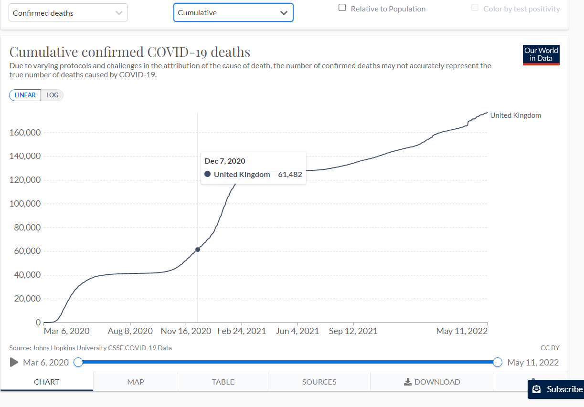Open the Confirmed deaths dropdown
tap(68, 13)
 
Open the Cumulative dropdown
tap(233, 13)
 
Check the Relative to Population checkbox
tap(342, 8)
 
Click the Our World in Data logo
tap(541, 55)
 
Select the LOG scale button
tap(53, 95)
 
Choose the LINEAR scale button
tap(25, 95)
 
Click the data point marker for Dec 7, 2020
tap(198, 250)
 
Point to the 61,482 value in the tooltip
tap(290, 175)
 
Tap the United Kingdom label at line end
tap(515, 115)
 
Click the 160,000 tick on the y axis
tap(25, 133)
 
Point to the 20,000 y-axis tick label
tap(25, 299)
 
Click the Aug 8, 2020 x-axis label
tap(130, 331)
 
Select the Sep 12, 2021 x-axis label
tap(353, 331)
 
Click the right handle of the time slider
tap(498, 363)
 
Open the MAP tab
tap(136, 382)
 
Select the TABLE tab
tap(223, 382)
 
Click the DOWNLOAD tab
tap(432, 382)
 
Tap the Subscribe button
tap(557, 389)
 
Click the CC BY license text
tap(550, 348)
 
